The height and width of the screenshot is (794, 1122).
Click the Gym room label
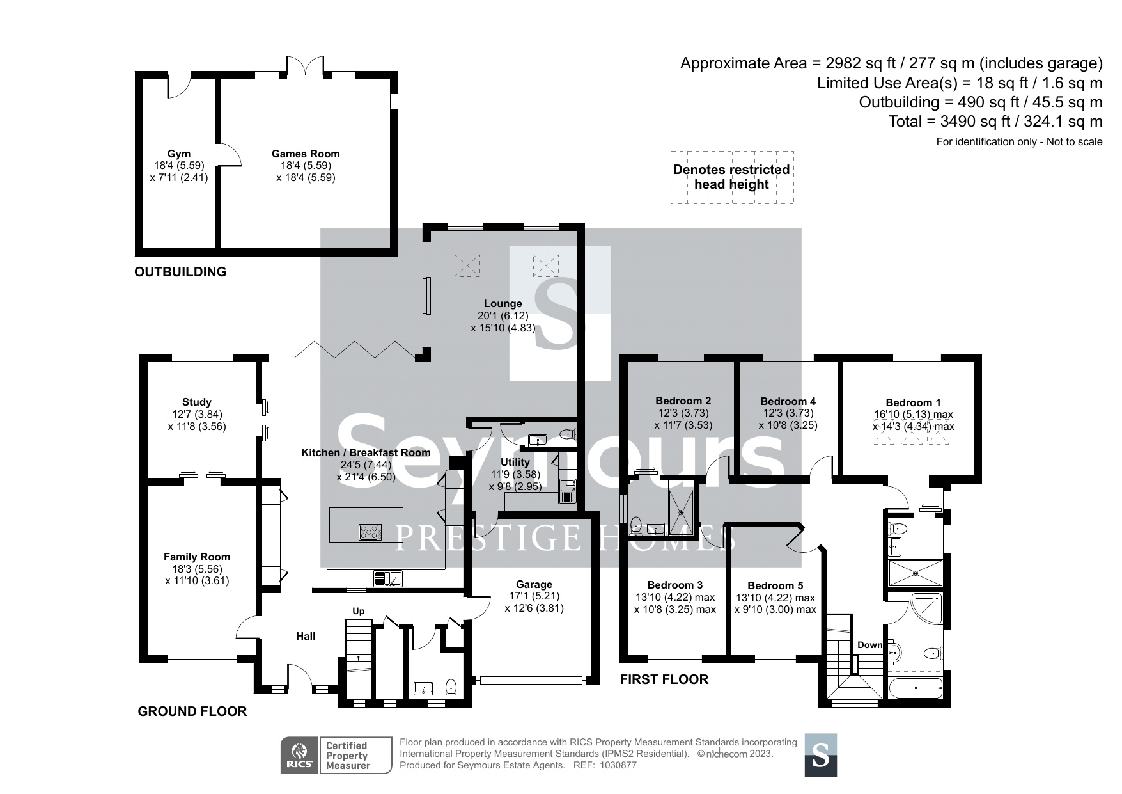[179, 154]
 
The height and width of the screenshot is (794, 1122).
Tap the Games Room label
[306, 154]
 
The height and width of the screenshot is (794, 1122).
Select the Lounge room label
[503, 303]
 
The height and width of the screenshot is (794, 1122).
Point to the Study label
[197, 402]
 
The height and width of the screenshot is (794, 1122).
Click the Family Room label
[197, 557]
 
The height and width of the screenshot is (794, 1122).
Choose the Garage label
[534, 584]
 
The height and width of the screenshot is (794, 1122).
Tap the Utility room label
[515, 462]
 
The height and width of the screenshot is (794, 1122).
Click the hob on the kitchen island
[371, 532]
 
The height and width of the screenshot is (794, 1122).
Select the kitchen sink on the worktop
[389, 578]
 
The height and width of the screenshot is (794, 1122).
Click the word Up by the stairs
[359, 611]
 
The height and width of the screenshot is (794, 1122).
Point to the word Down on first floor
[869, 645]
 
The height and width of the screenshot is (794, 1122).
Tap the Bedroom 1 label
[913, 402]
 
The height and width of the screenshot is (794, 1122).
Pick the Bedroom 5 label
[775, 585]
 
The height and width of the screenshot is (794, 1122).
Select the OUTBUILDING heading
[180, 272]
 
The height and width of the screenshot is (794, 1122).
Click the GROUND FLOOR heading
[192, 711]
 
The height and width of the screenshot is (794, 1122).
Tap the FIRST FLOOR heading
[664, 679]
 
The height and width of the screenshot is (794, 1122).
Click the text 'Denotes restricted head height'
[731, 177]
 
